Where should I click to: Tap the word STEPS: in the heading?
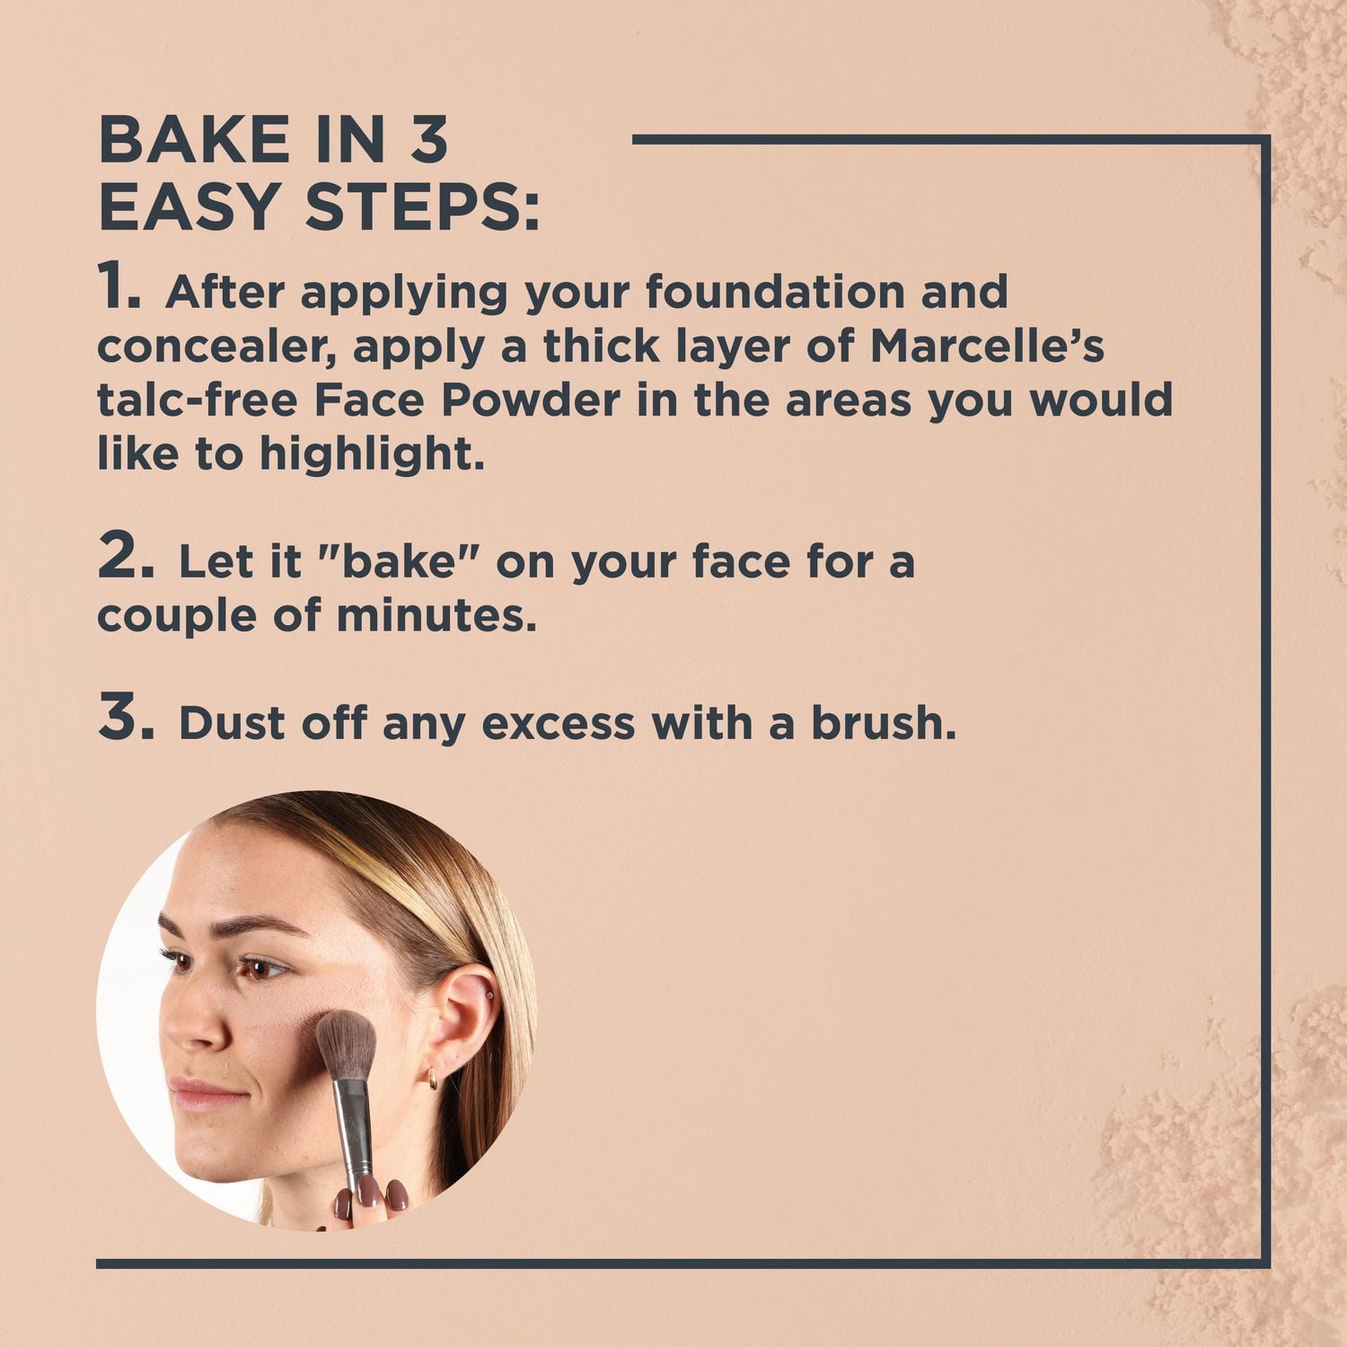(422, 206)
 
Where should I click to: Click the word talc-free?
(197, 401)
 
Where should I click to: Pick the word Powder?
(530, 401)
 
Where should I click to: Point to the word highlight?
(372, 454)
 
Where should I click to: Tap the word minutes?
(436, 616)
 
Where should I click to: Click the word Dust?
(231, 724)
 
